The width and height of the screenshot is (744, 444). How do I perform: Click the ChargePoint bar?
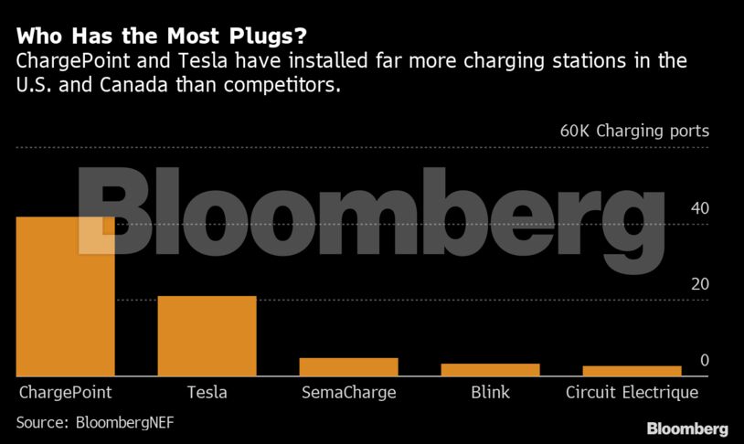tap(65, 296)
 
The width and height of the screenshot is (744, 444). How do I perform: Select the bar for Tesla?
tap(207, 335)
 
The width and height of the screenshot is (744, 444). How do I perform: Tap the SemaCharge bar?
tap(348, 366)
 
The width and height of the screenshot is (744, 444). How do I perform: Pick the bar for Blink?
tap(490, 369)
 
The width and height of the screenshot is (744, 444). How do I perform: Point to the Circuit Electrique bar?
tap(632, 371)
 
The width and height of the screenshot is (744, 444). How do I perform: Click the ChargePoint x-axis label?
tap(65, 393)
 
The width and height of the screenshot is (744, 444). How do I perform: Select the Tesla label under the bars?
tap(207, 393)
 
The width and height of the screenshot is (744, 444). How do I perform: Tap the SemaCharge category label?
tap(348, 393)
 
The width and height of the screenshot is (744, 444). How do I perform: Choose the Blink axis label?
tap(490, 393)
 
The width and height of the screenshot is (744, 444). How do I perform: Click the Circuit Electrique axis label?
tap(632, 393)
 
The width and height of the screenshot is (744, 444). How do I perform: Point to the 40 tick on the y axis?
tap(699, 208)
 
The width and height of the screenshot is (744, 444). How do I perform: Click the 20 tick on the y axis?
tap(699, 284)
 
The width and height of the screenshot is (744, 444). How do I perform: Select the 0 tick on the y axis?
tap(704, 361)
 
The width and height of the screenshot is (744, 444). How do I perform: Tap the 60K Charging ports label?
tap(633, 131)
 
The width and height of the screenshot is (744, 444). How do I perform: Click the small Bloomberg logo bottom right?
tap(687, 428)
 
